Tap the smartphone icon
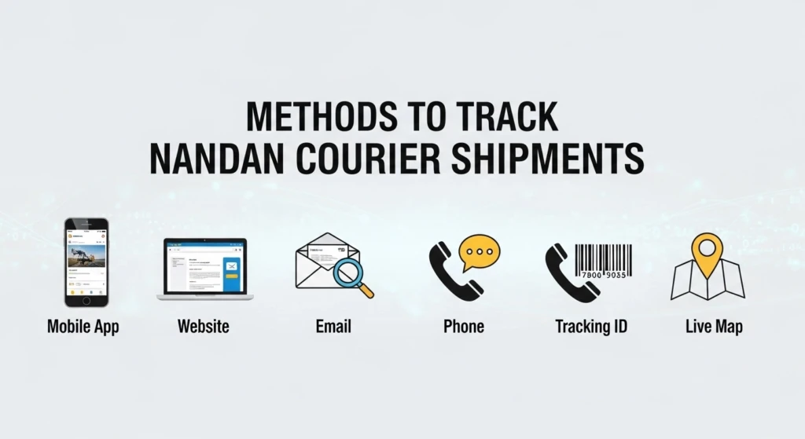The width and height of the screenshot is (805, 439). point(86,262)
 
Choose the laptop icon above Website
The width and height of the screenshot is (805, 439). point(205,269)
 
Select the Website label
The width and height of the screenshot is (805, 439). point(204,326)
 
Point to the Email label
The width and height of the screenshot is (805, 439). point(332,326)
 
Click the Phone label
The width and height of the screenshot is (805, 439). point(464,326)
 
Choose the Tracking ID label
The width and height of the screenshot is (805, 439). point(592,326)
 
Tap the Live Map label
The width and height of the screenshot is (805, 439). point(714,326)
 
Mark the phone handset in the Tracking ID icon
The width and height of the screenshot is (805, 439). point(569,273)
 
